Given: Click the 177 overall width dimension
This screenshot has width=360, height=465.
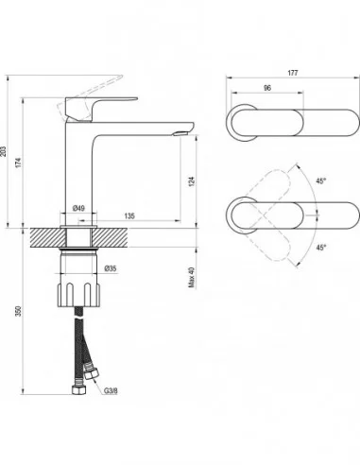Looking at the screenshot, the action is [293, 73].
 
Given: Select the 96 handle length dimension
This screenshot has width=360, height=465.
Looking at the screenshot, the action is [267, 88].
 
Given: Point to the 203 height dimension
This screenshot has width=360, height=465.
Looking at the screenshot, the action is [3, 151].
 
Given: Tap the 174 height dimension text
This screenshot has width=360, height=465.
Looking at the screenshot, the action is [19, 163].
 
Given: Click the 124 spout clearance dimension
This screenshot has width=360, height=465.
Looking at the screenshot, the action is [192, 181].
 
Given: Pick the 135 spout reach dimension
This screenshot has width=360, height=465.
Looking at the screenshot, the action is [129, 215].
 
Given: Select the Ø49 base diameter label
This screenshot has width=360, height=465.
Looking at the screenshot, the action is [78, 208].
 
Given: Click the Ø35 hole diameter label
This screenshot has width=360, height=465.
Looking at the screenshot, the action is [111, 268].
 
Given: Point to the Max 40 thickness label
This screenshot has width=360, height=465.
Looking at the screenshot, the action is [192, 278].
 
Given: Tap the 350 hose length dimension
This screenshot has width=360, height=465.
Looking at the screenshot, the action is [19, 311].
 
